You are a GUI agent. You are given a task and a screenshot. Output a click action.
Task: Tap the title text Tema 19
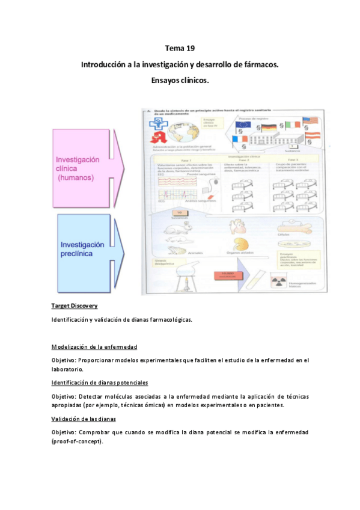[x=180, y=48]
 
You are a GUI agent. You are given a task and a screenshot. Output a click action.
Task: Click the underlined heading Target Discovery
[x=75, y=306]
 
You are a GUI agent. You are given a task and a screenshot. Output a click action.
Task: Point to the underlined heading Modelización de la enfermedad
[x=94, y=347]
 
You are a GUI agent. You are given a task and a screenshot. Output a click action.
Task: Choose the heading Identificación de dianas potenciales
[x=100, y=382]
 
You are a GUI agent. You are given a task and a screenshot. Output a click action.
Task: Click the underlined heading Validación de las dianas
[x=84, y=418]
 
